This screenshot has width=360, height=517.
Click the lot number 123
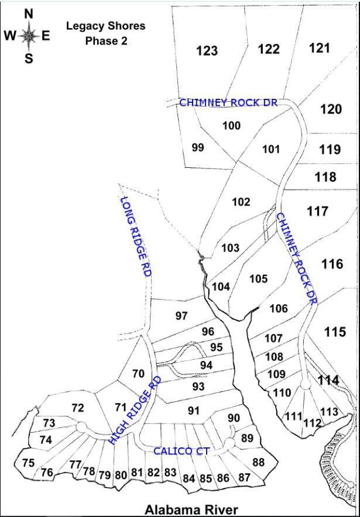[207, 51]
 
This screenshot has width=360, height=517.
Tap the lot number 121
[319, 48]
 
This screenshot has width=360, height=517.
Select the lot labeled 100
[232, 126]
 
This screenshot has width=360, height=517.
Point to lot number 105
[258, 279]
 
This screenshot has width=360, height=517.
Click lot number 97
[181, 316]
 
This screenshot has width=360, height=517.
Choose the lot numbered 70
[138, 373]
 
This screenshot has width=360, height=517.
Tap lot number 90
[234, 418]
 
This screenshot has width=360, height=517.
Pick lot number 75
[28, 463]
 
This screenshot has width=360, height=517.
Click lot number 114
[328, 380]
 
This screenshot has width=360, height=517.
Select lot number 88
[258, 462]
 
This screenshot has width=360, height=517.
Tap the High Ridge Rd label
[135, 411]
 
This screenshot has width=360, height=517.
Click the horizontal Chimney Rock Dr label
[228, 102]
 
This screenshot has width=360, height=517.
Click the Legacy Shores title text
[105, 26]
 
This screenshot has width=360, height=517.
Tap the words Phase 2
[106, 41]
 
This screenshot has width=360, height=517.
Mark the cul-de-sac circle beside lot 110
[305, 384]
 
